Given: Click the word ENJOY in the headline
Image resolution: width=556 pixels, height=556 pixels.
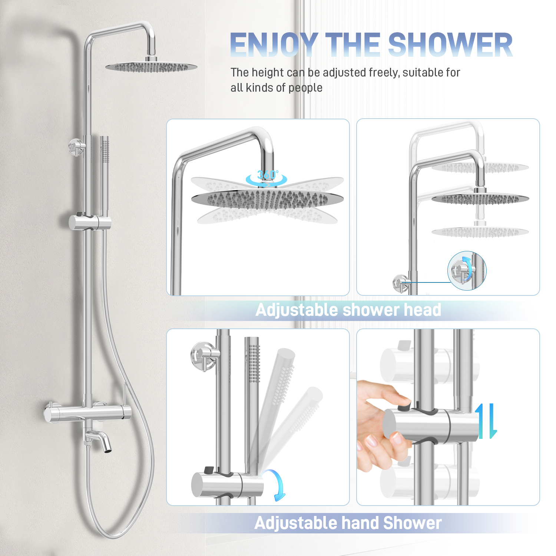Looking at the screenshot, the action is [x=274, y=45].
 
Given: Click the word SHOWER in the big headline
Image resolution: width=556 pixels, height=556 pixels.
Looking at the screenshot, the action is [x=450, y=45].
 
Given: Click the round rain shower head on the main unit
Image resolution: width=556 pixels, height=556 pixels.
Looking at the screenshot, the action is [x=151, y=67].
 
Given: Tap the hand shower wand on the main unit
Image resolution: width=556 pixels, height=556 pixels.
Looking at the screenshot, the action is [x=105, y=178].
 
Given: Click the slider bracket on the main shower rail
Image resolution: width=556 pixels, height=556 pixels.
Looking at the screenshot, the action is [x=90, y=222].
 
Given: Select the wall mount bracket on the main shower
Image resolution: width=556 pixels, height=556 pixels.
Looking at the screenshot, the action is [x=77, y=147].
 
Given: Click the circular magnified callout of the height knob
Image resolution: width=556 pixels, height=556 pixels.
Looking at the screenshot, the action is [x=467, y=271].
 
